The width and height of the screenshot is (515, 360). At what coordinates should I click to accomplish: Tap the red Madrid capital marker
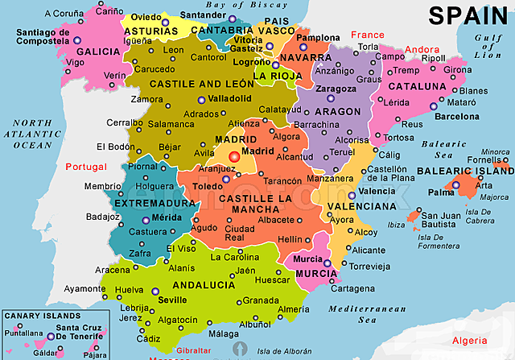point(234,156)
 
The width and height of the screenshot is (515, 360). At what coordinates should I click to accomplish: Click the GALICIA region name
point(98,51)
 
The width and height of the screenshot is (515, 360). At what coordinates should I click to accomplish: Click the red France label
point(369,35)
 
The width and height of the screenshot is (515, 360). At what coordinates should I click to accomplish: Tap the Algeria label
point(469,341)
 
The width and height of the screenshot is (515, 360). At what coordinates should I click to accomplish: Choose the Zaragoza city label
point(336,88)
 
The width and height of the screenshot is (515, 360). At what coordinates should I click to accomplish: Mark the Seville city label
point(172,300)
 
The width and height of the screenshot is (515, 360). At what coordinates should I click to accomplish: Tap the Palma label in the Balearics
point(440,192)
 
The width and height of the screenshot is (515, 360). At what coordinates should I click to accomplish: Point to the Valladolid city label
point(229,99)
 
